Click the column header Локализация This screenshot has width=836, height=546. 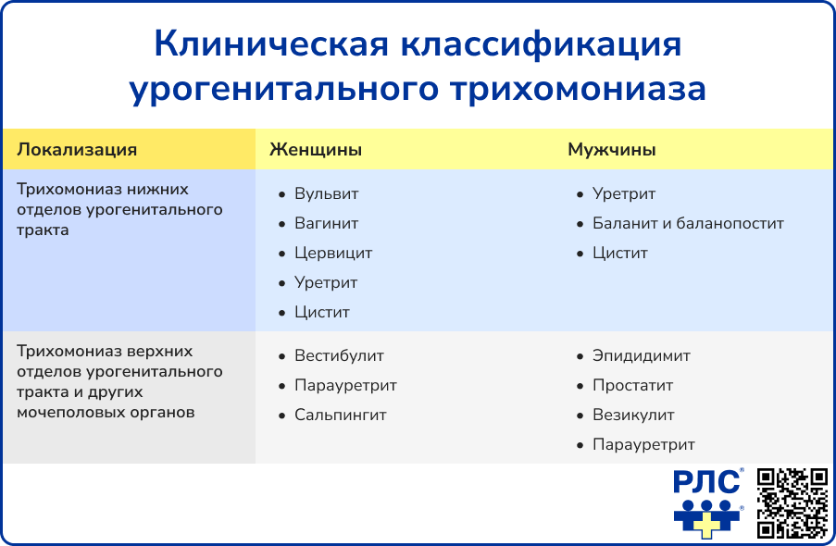coord(77,150)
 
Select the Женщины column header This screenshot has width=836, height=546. coord(315,150)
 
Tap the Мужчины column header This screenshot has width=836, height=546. coord(612,150)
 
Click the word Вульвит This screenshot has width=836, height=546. coord(326,194)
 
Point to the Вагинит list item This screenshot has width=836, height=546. coord(326,224)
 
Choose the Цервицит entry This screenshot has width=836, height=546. coord(332,254)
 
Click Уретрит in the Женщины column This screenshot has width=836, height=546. coord(325,283)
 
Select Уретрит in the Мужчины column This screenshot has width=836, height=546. coord(623,194)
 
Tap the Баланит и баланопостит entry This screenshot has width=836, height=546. coord(688,224)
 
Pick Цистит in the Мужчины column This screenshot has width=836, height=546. coord(619,254)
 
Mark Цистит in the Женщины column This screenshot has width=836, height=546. coord(321,313)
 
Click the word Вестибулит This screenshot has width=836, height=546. coord(339,356)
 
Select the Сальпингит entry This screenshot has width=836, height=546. coord(340,416)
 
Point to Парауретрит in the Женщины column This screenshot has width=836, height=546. coord(345,386)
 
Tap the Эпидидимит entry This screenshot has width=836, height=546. coord(641,356)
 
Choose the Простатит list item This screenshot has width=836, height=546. coord(632,386)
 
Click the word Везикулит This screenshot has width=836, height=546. coord(633,416)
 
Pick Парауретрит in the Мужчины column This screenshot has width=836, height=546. coord(643,445)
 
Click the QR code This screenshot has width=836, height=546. coord(792,503)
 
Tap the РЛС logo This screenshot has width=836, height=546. coord(708,503)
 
